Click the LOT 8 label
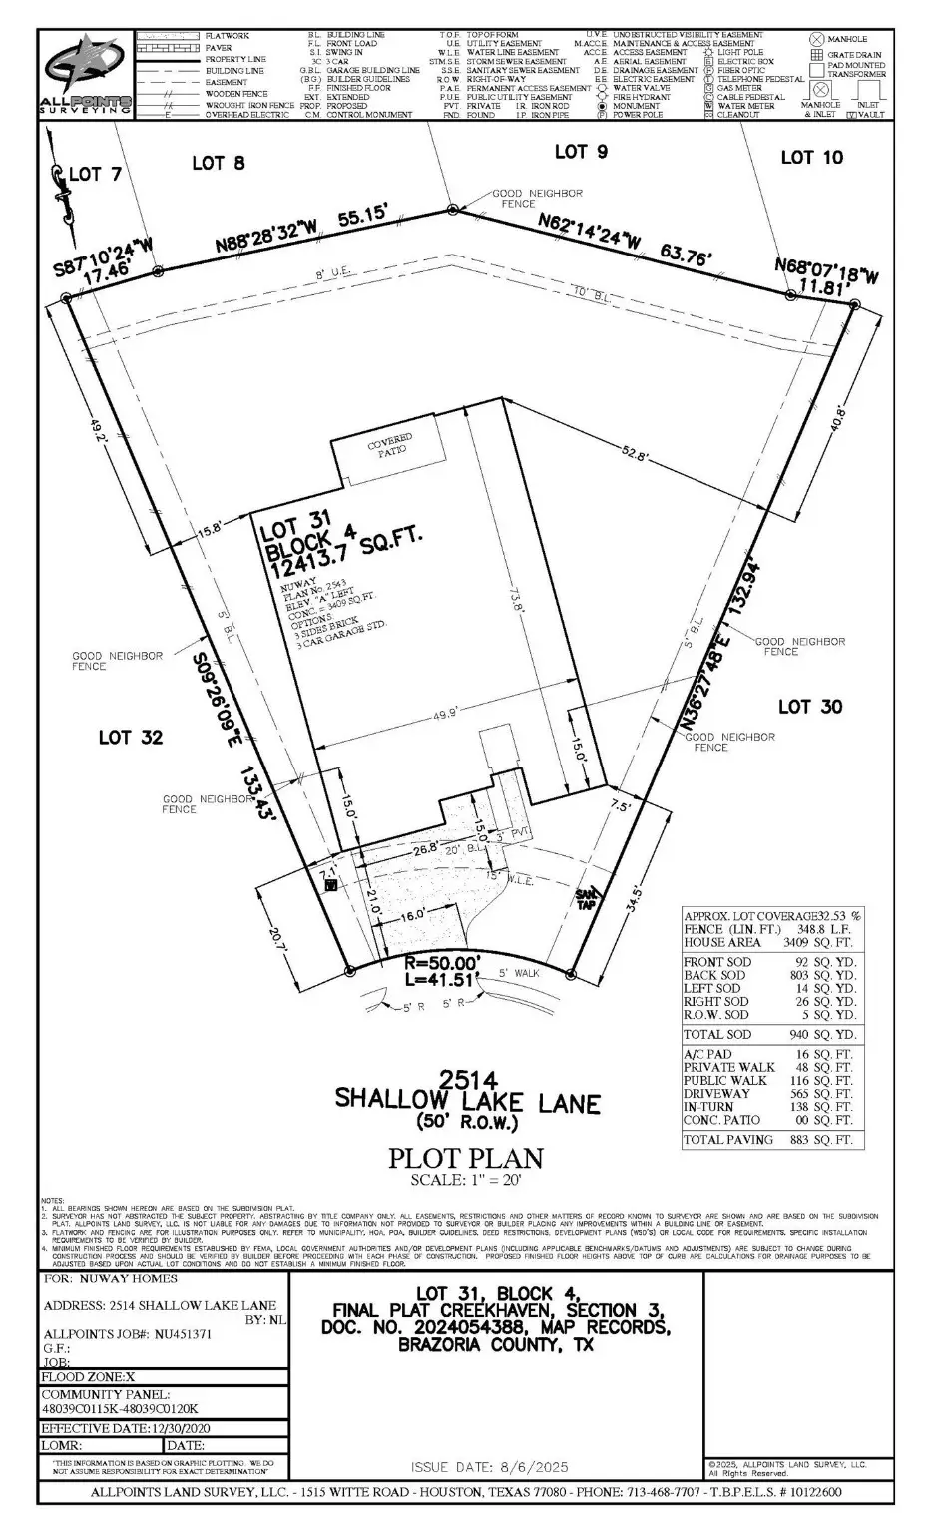218,163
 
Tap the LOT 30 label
809,707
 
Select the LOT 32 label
130,738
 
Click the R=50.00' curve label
442,964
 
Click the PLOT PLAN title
465,1159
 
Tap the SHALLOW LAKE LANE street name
467,1102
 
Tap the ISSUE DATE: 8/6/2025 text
489,1466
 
